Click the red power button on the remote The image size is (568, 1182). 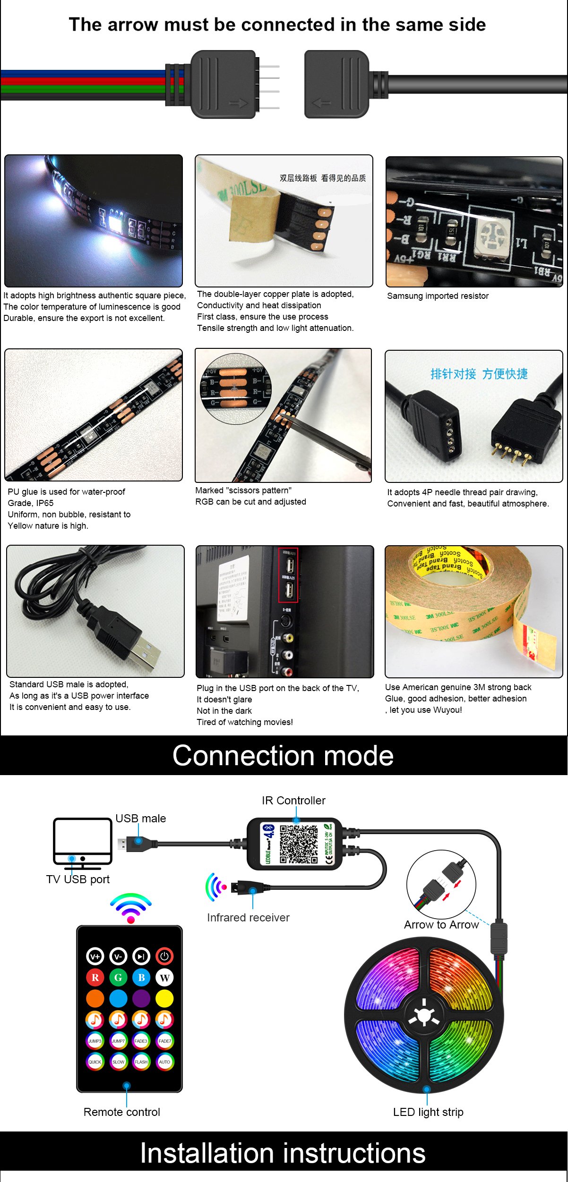tap(164, 956)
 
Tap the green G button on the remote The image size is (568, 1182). tap(118, 978)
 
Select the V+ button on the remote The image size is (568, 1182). tap(95, 956)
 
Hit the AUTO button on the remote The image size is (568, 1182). tap(164, 1062)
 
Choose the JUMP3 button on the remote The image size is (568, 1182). tap(95, 1041)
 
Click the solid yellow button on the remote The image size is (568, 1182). tap(164, 998)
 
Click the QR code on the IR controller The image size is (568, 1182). tap(299, 844)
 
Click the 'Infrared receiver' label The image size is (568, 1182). tap(248, 917)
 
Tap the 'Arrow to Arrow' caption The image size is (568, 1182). tap(441, 924)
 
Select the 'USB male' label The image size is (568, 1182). tap(141, 818)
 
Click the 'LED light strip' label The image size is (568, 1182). tap(428, 1112)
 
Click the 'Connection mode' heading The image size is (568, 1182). tap(283, 755)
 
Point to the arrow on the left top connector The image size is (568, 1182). tap(238, 103)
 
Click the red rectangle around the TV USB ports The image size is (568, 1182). tap(288, 575)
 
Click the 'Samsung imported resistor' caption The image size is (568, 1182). tap(438, 296)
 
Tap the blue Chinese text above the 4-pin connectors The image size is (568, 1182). tap(479, 374)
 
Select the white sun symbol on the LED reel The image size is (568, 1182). tap(424, 1015)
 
